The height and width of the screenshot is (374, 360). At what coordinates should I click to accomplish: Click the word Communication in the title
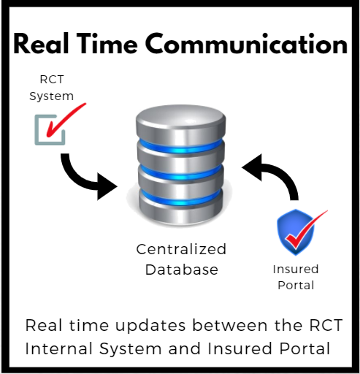coord(247,44)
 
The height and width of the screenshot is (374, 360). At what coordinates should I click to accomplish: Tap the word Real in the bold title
coord(41,43)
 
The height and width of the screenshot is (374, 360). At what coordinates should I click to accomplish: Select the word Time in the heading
coord(107,43)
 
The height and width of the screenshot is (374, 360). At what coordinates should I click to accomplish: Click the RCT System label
coord(51,88)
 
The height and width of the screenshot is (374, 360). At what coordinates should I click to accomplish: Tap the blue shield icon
coord(296,232)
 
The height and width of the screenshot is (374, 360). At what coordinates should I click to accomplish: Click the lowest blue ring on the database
coord(180,199)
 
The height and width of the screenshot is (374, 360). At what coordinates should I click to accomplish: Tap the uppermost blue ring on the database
coord(180,146)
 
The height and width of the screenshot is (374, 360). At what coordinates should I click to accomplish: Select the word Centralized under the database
coord(181,249)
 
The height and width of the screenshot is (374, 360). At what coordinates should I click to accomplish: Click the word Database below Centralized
coord(182,270)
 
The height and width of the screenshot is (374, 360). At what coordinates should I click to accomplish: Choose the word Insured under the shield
coord(296,270)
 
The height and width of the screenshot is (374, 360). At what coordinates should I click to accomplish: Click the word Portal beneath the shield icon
coord(296,285)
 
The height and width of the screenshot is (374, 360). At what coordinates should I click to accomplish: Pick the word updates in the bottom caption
coord(150,327)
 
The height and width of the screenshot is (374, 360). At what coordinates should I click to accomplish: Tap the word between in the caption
coord(230,325)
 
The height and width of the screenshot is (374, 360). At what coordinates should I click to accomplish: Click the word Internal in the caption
coord(59,348)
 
